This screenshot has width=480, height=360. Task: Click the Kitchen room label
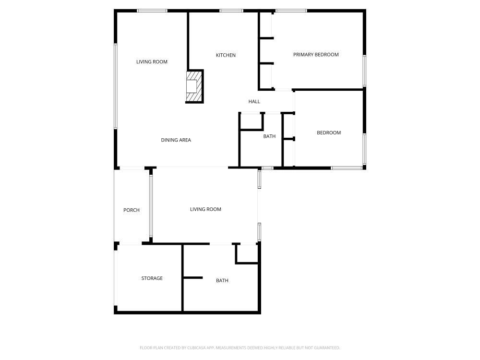(226, 55)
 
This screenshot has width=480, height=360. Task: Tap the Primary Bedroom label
(316, 55)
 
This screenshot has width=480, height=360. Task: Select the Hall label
(254, 102)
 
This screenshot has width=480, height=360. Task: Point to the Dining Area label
(176, 140)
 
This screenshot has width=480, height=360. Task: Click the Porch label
(132, 210)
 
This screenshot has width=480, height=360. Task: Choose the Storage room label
(152, 278)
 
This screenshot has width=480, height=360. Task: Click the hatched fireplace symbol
(194, 86)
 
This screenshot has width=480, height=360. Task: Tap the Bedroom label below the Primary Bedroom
(329, 133)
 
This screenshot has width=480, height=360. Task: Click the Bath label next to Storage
(222, 281)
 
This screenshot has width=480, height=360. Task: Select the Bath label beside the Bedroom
(269, 136)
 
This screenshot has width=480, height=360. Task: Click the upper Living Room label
(152, 62)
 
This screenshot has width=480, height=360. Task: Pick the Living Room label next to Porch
(205, 209)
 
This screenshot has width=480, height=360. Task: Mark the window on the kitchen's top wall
(231, 11)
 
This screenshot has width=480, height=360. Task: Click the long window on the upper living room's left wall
(116, 86)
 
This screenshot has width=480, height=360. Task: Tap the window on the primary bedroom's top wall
(291, 11)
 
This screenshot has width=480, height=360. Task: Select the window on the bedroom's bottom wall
(347, 168)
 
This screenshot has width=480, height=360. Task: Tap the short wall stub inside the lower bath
(193, 277)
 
